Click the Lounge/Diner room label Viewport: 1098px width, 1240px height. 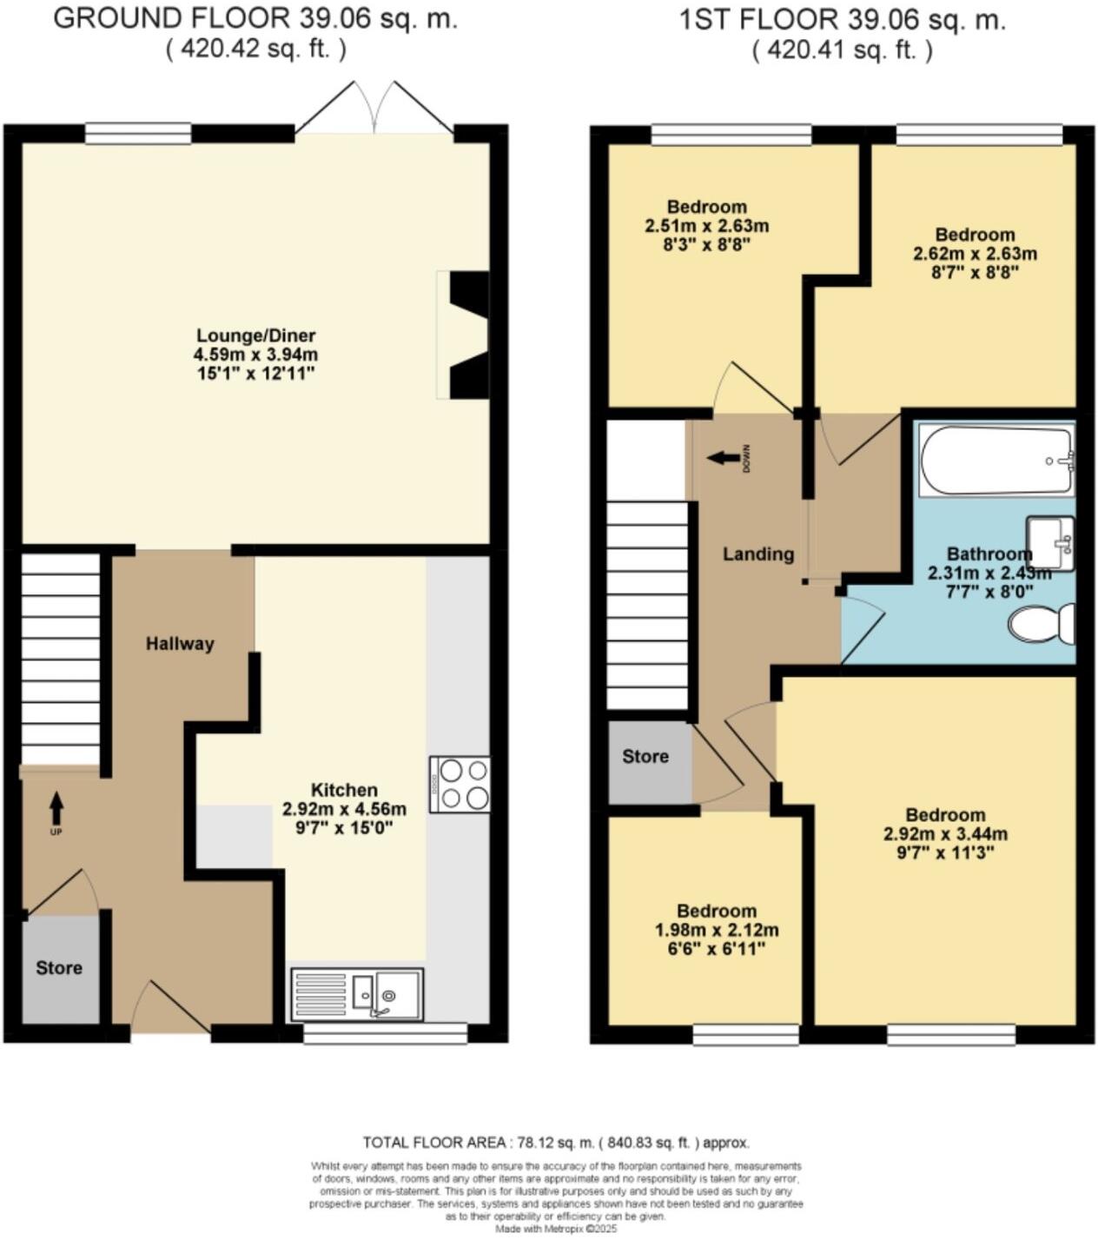[255, 335]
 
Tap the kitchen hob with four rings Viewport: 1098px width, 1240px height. [460, 784]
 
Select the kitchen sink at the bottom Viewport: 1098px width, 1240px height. [357, 993]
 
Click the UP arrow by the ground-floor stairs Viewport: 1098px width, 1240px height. [56, 809]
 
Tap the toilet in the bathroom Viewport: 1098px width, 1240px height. [1042, 623]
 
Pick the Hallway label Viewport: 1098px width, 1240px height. [180, 644]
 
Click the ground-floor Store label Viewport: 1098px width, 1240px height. [59, 968]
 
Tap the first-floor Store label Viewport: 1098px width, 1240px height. [645, 757]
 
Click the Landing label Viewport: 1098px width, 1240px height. [758, 554]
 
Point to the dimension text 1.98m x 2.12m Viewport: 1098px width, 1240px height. [717, 930]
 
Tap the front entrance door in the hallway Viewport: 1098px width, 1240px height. [170, 1008]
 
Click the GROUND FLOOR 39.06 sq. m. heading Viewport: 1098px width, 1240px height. [255, 19]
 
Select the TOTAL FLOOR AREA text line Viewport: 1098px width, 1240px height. [556, 1143]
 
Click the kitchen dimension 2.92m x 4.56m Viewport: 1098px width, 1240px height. [344, 808]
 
